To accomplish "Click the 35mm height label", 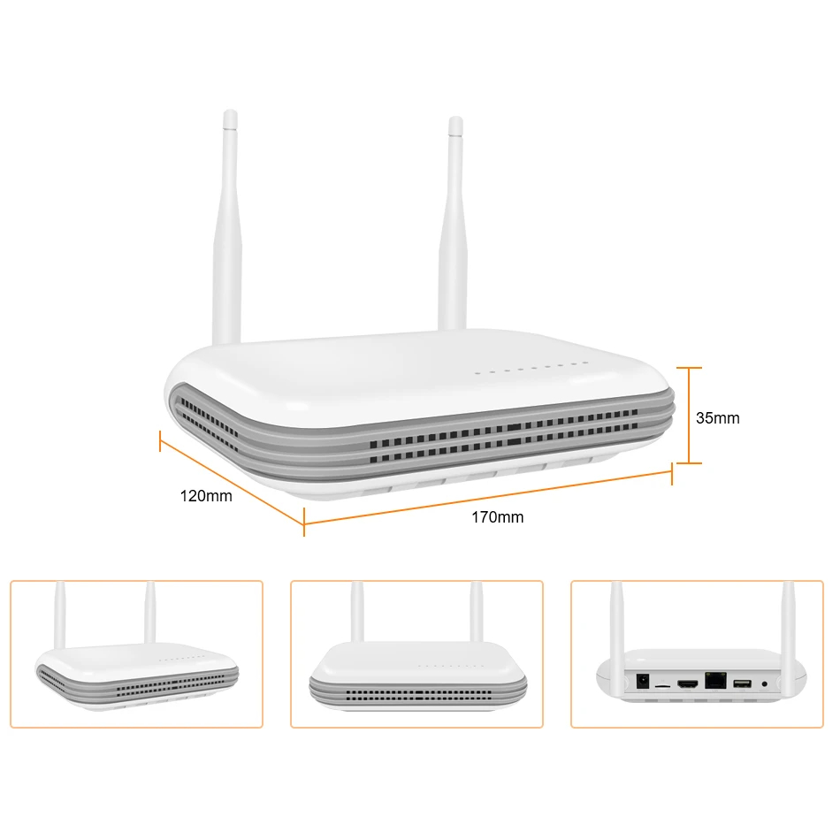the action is point(717,418).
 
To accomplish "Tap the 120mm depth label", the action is point(206,496).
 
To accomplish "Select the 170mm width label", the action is point(497,517).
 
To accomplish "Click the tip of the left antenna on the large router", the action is point(231,112).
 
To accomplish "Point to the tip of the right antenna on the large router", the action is point(456,118).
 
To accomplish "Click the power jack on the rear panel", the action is point(642,682).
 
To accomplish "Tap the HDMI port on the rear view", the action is point(688,683).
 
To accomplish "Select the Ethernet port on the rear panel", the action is point(715,680).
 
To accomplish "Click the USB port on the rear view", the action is point(742,683).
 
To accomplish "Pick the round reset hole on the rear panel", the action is point(765,684).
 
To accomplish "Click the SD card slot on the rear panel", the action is point(663,686).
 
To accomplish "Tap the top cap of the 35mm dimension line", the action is point(689,368).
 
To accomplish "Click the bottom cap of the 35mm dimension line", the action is point(689,462).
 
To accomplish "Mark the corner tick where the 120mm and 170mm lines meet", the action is point(304,522).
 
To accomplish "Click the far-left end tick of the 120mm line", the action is point(160,440).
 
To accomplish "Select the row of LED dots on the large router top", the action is point(531,368).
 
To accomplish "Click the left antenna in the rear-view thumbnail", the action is point(617,638).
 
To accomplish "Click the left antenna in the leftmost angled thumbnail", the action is point(60,615).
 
